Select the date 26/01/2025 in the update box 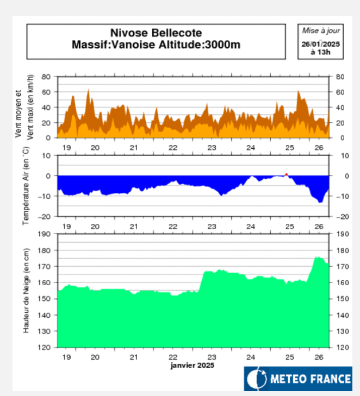(320, 43)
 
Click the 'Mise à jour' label (320, 31)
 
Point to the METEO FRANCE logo (297, 379)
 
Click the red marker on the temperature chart (287, 174)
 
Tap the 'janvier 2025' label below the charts (192, 366)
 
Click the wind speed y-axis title (24, 108)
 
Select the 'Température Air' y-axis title (24, 186)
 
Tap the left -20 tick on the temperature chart (45, 216)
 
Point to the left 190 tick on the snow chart (44, 234)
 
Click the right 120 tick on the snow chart (341, 347)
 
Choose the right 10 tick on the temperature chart (339, 156)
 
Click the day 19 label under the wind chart (66, 148)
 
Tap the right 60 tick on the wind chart (340, 92)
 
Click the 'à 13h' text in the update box (320, 52)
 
